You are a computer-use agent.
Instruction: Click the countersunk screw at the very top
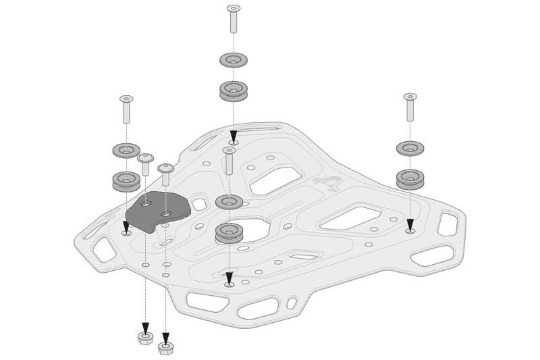tap(234, 18)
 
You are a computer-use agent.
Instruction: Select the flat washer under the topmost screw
tap(234, 60)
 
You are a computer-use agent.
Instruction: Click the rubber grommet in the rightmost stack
tap(410, 177)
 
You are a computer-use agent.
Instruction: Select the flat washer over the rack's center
tap(229, 202)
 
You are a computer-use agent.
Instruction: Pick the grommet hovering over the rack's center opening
tap(229, 234)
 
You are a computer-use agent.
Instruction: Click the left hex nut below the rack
tap(144, 336)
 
